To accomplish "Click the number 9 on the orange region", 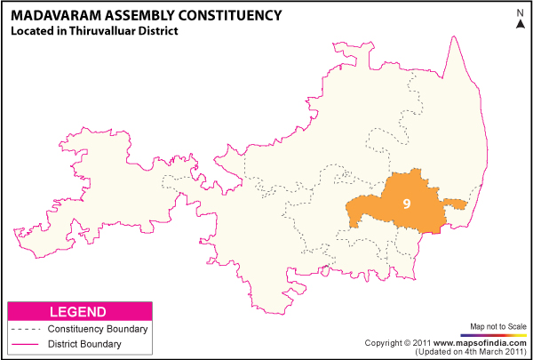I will point(406,204).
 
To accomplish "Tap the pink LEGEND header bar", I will point(79,312).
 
